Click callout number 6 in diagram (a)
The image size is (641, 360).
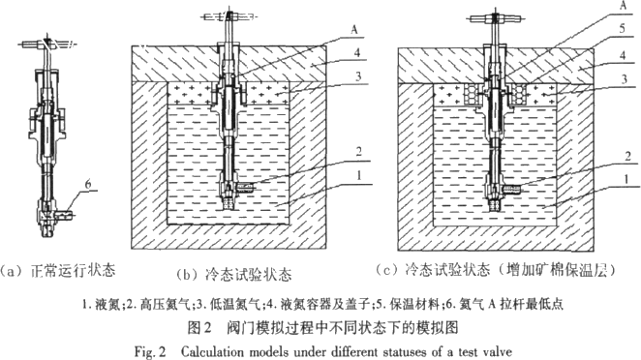88,184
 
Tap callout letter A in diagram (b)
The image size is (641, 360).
354,29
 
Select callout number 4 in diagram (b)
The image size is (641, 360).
357,52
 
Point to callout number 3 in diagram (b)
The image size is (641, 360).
358,76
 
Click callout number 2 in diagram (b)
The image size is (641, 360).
358,152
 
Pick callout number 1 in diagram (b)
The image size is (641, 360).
359,175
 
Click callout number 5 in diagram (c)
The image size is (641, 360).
623,28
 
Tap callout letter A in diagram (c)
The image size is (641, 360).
623,5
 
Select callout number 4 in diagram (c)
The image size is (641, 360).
623,55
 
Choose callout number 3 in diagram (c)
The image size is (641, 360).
624,79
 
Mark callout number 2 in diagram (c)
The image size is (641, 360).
627,156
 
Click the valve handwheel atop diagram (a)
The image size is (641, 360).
47,43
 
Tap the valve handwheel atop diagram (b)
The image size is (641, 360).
229,16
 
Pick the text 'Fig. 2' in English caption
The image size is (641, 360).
150,351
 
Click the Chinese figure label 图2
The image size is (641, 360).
199,327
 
